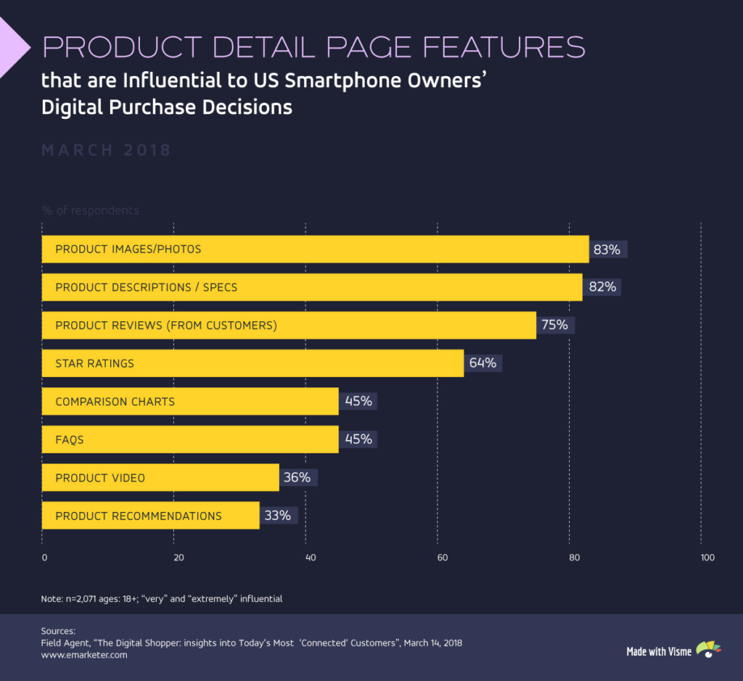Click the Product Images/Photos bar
(315, 249)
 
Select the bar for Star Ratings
(253, 363)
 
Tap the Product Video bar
(160, 478)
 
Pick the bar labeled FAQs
(190, 439)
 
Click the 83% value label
(607, 249)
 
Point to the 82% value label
(602, 287)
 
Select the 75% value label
(554, 325)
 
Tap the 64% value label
(483, 363)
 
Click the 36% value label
(297, 477)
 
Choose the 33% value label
(278, 516)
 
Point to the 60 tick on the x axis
(441, 558)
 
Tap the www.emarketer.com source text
(84, 655)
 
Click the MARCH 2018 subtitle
(106, 150)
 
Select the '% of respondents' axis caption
(90, 210)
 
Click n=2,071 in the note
(86, 599)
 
